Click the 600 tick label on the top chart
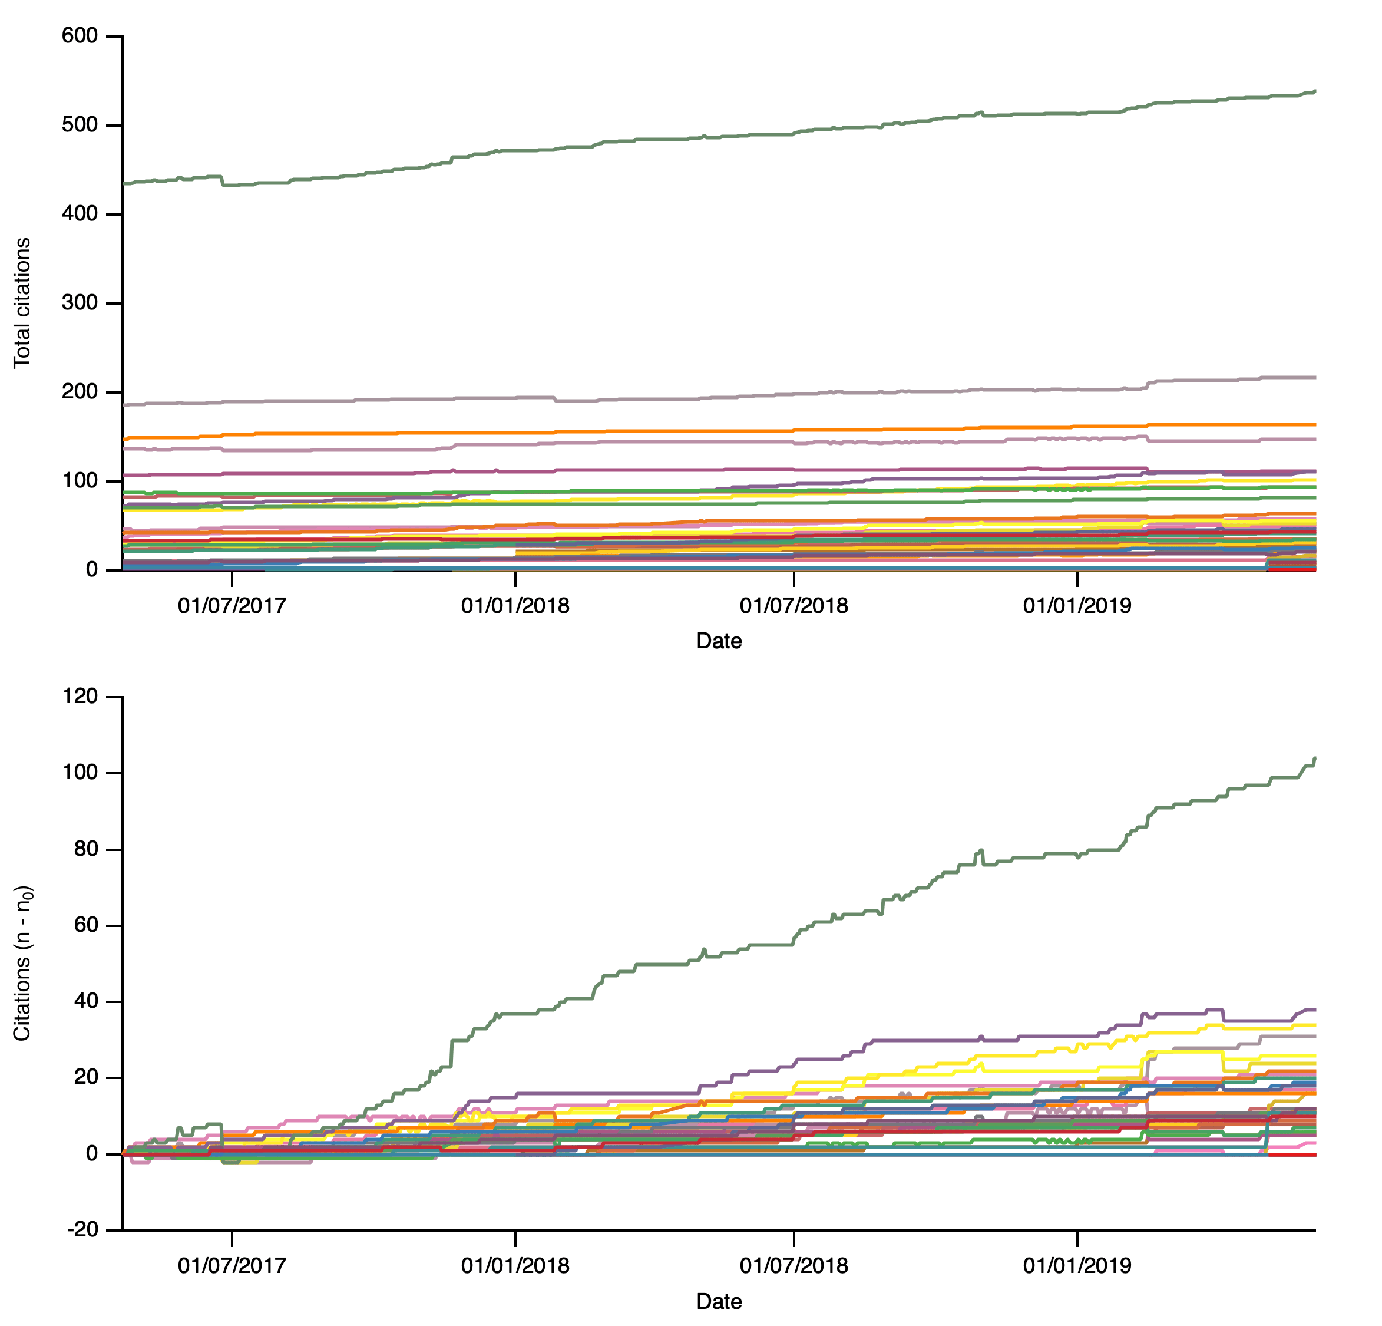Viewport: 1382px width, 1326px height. (x=79, y=36)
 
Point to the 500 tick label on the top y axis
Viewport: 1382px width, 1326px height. (x=79, y=125)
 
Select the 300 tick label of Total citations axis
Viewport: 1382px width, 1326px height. (x=79, y=304)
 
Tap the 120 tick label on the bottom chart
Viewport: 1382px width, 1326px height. (x=79, y=697)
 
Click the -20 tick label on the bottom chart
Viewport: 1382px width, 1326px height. (x=82, y=1230)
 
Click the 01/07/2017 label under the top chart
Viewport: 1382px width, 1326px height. (x=232, y=605)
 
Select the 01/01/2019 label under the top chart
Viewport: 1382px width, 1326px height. (x=1077, y=605)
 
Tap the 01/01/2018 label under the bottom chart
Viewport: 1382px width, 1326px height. (x=515, y=1265)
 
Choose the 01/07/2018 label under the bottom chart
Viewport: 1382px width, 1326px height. (x=794, y=1265)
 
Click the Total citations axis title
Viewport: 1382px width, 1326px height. (x=22, y=302)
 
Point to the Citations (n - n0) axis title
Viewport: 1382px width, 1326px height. (x=22, y=964)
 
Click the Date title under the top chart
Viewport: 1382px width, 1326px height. (x=719, y=641)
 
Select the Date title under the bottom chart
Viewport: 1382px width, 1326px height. (x=719, y=1301)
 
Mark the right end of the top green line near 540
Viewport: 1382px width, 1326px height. (x=1314, y=91)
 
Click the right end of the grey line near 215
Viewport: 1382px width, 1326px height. (x=1314, y=377)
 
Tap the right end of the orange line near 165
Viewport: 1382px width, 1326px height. (x=1314, y=424)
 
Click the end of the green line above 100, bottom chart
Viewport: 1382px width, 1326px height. (x=1314, y=759)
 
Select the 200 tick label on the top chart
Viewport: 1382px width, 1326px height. (x=79, y=392)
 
